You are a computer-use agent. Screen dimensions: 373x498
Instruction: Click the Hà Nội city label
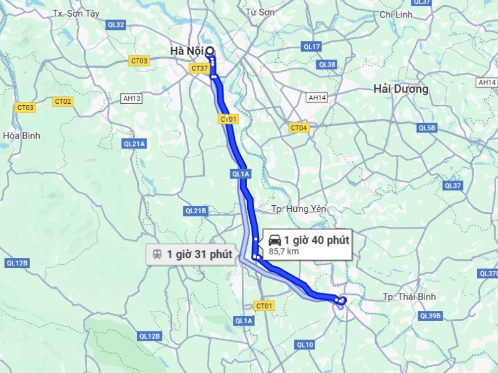pos(187,51)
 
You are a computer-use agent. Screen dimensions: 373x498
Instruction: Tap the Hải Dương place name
pos(401,89)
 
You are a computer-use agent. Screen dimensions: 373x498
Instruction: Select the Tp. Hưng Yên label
pos(299,209)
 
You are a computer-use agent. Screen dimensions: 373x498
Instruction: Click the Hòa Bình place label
pos(21,135)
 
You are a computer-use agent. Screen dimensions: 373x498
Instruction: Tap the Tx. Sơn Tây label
pos(76,13)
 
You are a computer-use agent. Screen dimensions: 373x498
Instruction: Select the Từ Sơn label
pos(260,12)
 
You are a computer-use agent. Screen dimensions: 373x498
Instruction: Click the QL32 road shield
pos(116,25)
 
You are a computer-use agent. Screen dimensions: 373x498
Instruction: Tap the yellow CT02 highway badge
pos(63,101)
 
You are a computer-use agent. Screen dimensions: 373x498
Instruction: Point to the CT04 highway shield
pos(299,128)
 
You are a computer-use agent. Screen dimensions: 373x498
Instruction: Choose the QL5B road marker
pos(427,128)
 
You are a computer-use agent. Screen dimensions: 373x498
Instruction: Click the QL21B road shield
pos(195,211)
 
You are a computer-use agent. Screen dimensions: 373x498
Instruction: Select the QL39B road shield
pos(430,316)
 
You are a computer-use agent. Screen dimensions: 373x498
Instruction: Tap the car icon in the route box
pos(275,241)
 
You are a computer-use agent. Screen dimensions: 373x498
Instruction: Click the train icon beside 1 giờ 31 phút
pos(157,254)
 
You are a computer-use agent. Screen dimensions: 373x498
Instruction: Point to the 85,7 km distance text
pos(284,252)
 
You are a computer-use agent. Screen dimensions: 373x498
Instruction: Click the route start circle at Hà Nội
pos(210,51)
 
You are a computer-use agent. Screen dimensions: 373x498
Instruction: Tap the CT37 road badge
pos(199,68)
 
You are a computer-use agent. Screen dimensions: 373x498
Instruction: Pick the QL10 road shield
pos(305,344)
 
